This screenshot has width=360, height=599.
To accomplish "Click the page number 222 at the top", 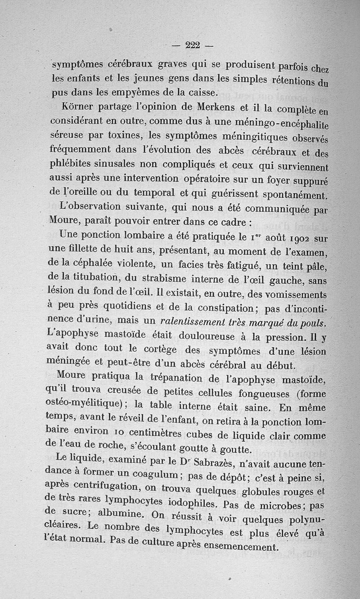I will pos(192,45).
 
